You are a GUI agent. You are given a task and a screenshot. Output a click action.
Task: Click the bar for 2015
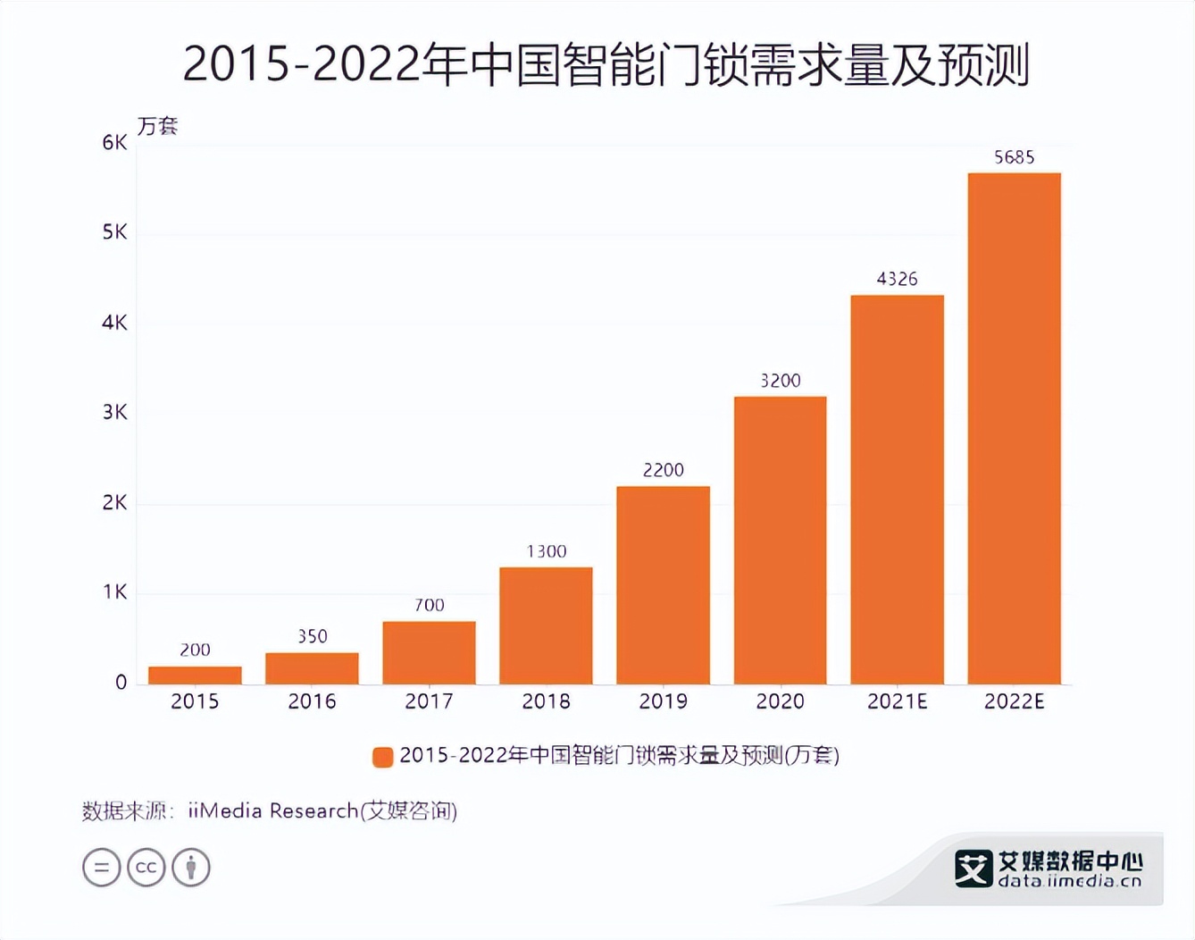pyautogui.click(x=195, y=676)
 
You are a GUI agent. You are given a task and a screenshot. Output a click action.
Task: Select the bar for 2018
pyautogui.click(x=546, y=625)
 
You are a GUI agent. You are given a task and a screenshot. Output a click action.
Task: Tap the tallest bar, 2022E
pyautogui.click(x=1014, y=429)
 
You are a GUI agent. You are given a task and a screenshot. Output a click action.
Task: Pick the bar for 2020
pyautogui.click(x=780, y=541)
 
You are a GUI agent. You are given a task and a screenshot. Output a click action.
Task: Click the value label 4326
pyautogui.click(x=897, y=279)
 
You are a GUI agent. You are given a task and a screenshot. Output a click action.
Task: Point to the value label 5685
pyautogui.click(x=1014, y=157)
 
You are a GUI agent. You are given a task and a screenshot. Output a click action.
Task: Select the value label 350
pyautogui.click(x=312, y=636)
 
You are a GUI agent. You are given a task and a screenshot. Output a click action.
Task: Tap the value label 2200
pyautogui.click(x=663, y=470)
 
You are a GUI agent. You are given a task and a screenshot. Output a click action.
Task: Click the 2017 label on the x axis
pyautogui.click(x=429, y=701)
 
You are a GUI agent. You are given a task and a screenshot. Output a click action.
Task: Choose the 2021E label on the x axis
pyautogui.click(x=897, y=701)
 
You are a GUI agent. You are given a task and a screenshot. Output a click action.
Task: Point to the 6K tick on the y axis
pyautogui.click(x=114, y=143)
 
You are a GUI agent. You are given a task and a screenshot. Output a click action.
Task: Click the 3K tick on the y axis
pyautogui.click(x=114, y=413)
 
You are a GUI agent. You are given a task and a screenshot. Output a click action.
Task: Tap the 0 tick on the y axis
pyautogui.click(x=121, y=683)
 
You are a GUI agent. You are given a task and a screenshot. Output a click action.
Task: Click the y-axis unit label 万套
pyautogui.click(x=157, y=126)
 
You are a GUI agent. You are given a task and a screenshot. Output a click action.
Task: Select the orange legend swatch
pyautogui.click(x=382, y=757)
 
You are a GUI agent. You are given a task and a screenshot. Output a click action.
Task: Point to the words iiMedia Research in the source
pyautogui.click(x=272, y=810)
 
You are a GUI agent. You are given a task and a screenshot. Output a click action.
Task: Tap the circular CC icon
pyautogui.click(x=146, y=868)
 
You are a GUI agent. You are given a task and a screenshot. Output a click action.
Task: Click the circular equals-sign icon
pyautogui.click(x=101, y=868)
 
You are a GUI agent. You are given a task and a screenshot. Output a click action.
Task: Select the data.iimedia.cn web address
pyautogui.click(x=1069, y=881)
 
